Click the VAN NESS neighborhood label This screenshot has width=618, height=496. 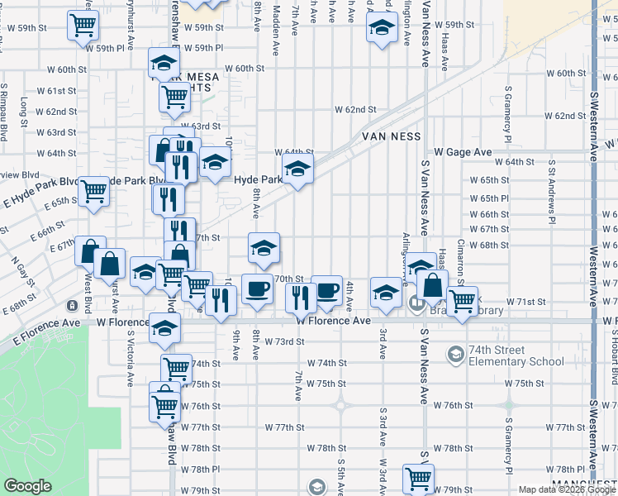[x=390, y=136]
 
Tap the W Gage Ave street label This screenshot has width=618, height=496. [x=463, y=152]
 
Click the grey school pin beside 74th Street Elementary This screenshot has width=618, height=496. [x=454, y=355]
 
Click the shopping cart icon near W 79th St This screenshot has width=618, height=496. [x=418, y=477]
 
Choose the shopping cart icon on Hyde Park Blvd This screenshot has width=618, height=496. [x=94, y=190]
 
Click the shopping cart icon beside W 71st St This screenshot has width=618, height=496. [x=463, y=299]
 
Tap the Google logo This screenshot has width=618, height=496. [x=27, y=486]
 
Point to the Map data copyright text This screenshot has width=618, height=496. [x=567, y=489]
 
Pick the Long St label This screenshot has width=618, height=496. [x=24, y=108]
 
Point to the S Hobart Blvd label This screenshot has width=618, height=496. [x=614, y=355]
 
